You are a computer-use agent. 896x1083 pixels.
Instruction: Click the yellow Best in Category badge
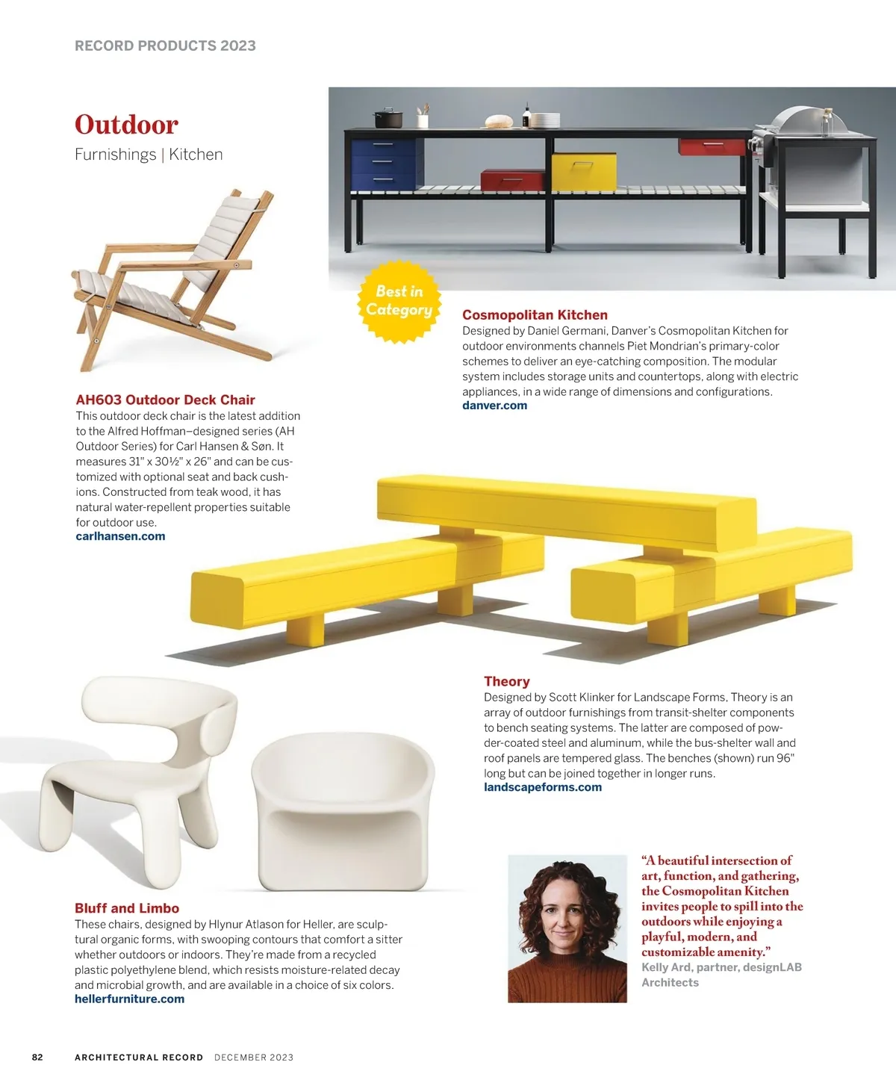coord(399,301)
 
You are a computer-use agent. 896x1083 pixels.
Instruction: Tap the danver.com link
coord(494,406)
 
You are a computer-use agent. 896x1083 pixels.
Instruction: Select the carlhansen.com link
coord(120,536)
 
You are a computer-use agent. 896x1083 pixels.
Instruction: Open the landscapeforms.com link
coord(542,787)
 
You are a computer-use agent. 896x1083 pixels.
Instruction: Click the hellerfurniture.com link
coord(129,999)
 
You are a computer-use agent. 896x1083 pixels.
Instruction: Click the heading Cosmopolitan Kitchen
coord(535,315)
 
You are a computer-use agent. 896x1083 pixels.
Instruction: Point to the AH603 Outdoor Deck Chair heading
coord(165,400)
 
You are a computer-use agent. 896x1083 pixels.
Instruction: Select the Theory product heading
coord(506,681)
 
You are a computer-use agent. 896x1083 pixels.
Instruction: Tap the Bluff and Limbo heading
coord(127,908)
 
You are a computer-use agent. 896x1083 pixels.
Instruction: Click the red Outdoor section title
coord(126,125)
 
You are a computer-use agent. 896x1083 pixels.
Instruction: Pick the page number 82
coord(37,1058)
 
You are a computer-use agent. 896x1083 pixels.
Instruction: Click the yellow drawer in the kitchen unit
coord(584,170)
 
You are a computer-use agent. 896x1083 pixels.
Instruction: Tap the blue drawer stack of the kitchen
coord(383,161)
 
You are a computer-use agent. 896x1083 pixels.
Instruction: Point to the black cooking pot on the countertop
coord(388,119)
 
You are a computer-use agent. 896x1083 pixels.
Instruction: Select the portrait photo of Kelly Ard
coord(567,928)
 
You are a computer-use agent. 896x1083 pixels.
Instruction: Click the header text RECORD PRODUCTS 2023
coord(165,46)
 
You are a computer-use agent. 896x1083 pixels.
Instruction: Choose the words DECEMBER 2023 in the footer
coord(254,1058)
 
